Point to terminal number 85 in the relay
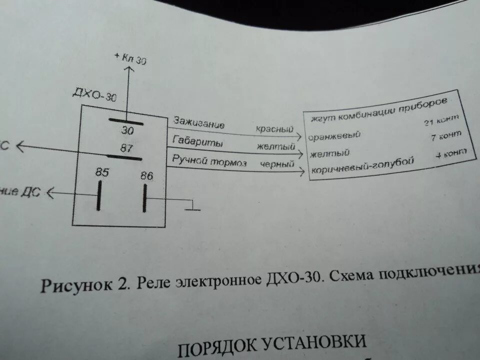click(102, 172)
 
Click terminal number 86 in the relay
click(146, 176)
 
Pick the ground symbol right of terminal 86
click(191, 207)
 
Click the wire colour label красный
click(274, 129)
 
